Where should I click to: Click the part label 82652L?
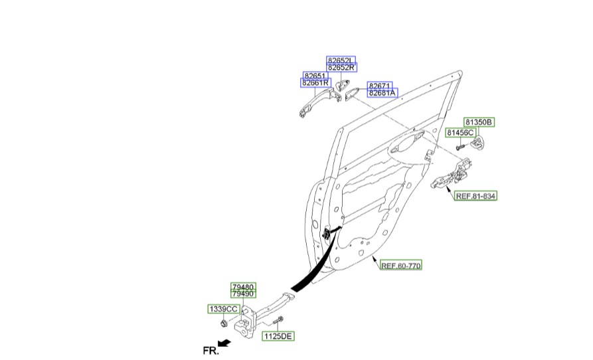click(341, 60)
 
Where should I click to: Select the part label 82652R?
click(341, 68)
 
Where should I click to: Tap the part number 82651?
click(315, 76)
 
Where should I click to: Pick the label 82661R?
click(315, 83)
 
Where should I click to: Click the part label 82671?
click(381, 86)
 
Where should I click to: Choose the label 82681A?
click(382, 94)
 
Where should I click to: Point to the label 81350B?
click(478, 122)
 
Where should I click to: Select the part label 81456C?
click(460, 133)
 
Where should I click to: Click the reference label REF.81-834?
click(475, 196)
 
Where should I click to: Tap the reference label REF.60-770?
click(400, 266)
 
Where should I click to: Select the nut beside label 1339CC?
click(224, 323)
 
